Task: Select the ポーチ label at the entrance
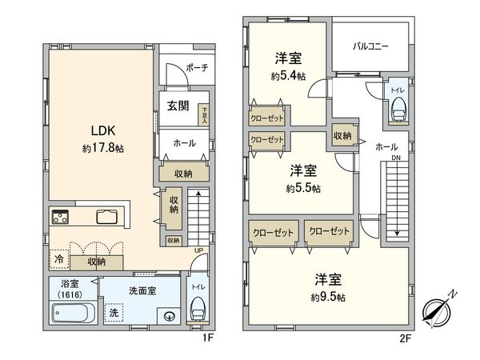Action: [196, 69]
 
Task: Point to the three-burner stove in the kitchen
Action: [62, 216]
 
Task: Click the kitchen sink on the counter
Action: [107, 216]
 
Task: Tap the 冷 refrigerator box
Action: [58, 260]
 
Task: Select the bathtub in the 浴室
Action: [73, 313]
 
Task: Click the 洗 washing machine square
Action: [114, 312]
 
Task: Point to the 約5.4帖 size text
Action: [287, 77]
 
